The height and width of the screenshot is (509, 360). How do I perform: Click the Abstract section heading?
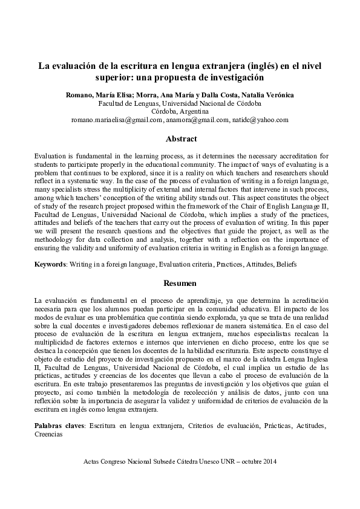tap(181, 139)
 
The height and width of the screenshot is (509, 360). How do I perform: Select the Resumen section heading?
tap(180, 283)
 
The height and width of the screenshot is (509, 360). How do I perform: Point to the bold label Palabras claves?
tap(59, 426)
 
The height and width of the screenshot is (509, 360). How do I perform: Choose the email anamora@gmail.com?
tap(197, 120)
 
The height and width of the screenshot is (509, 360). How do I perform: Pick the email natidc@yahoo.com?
tap(261, 120)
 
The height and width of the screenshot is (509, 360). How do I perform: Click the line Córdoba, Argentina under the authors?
tap(180, 112)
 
